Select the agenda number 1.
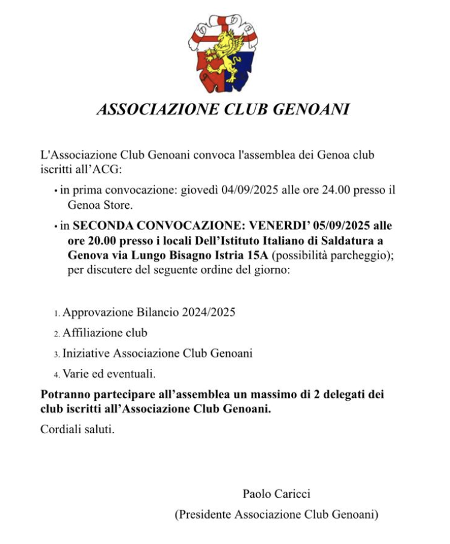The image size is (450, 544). click(57, 314)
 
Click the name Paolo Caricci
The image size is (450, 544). click(276, 494)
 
